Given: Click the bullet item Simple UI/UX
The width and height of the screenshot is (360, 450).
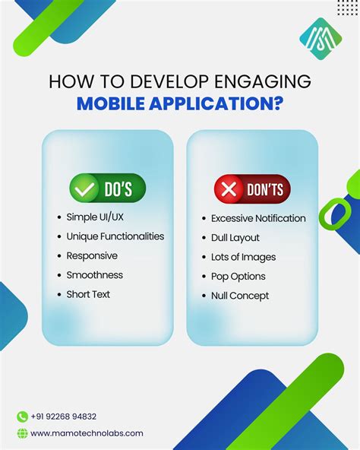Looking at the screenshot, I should [95, 217].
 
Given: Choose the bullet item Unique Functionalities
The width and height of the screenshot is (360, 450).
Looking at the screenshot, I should [115, 236].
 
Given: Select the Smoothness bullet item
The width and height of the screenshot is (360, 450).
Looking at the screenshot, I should [94, 275].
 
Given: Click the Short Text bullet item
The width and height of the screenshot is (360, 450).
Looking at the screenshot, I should [88, 294].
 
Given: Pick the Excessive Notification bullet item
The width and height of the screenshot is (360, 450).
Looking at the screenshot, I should [258, 218].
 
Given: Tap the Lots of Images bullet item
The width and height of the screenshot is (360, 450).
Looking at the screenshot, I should [243, 257].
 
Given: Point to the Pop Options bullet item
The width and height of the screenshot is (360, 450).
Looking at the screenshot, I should [239, 276].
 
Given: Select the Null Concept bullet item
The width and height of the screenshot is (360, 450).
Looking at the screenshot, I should [240, 296].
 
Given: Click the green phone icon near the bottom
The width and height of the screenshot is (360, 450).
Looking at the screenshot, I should [22, 416].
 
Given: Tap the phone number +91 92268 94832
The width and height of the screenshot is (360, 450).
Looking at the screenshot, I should [64, 417].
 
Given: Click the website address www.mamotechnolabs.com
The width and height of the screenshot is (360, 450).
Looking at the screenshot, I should [87, 433].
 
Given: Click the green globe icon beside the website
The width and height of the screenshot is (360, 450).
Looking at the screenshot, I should [22, 433].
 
